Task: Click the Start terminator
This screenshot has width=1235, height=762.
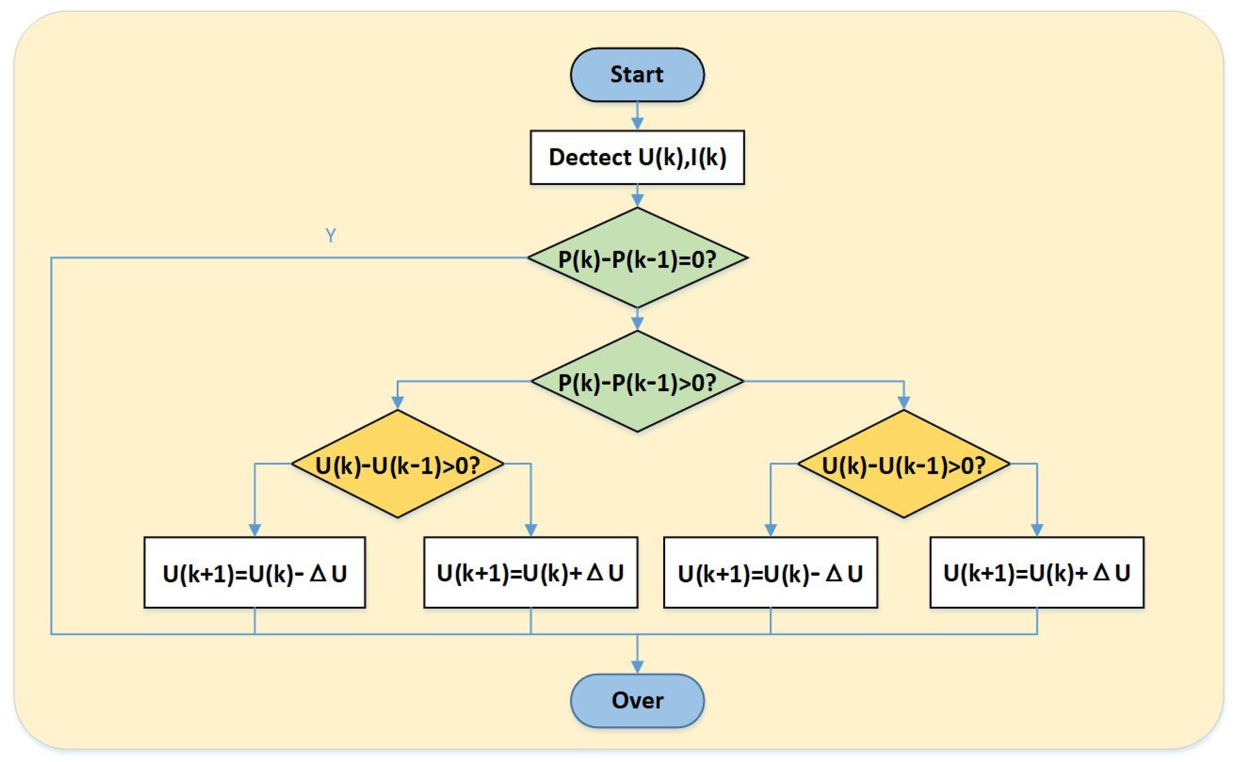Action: (637, 75)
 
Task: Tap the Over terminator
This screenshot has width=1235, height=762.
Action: (637, 700)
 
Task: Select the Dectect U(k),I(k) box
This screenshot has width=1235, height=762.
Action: (637, 157)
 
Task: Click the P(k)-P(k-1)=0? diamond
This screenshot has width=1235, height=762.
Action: (637, 258)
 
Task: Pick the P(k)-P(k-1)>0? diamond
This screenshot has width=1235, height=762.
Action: (637, 382)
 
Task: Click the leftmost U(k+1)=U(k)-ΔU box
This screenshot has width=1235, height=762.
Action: (254, 572)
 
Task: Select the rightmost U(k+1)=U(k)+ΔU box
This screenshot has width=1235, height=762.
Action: (1037, 572)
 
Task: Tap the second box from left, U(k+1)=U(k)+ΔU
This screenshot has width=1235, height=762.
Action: (530, 572)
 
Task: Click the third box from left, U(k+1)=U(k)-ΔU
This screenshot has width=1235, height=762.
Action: (770, 572)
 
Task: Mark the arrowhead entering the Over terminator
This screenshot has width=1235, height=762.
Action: (637, 666)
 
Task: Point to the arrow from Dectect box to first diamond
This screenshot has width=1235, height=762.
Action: (637, 196)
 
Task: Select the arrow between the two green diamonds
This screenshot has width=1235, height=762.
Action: (637, 320)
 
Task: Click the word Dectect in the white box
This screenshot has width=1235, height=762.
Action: (589, 157)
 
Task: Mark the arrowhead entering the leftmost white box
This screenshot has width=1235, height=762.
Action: (254, 529)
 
